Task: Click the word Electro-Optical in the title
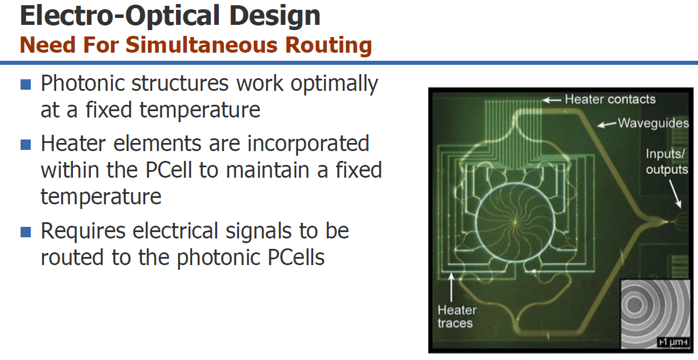click(120, 16)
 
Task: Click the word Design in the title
click(275, 16)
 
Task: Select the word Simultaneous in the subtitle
click(201, 45)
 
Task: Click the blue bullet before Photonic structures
click(25, 85)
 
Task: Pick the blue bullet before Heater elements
click(25, 144)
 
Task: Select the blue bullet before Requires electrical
click(25, 232)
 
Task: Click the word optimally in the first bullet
click(335, 84)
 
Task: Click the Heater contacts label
click(610, 99)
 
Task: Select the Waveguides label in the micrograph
click(653, 123)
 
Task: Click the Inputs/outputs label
click(667, 161)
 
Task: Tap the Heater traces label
click(457, 317)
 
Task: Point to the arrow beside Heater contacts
click(552, 100)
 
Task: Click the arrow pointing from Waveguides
click(607, 124)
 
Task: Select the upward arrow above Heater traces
click(451, 287)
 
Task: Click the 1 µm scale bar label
click(673, 342)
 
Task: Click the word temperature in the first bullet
click(200, 111)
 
